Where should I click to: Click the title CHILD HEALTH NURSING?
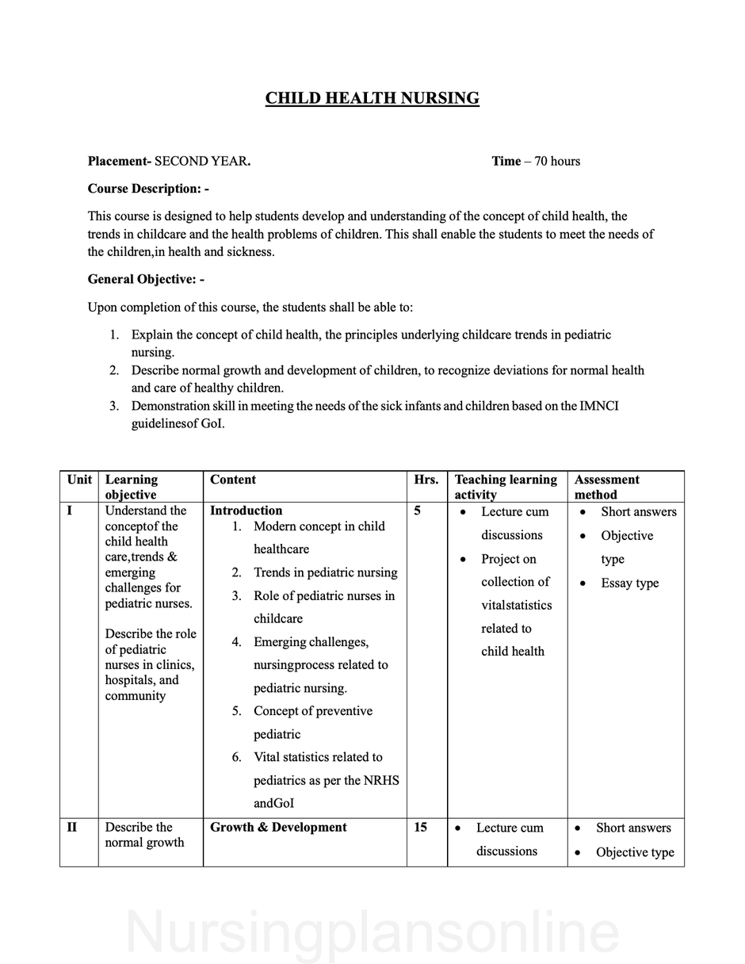(x=372, y=98)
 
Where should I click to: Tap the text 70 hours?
(x=557, y=161)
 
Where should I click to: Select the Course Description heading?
(x=148, y=189)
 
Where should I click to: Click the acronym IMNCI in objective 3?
(x=599, y=406)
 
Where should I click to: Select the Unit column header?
(x=79, y=480)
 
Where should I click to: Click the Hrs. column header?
(x=426, y=480)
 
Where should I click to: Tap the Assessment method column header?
(x=607, y=487)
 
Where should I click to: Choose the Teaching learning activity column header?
(x=506, y=487)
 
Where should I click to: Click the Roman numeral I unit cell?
(x=70, y=511)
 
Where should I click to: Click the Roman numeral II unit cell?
(x=72, y=827)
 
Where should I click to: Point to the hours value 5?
(x=418, y=511)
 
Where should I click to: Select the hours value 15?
(x=421, y=827)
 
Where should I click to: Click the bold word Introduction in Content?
(x=246, y=511)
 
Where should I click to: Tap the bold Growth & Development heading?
(x=278, y=827)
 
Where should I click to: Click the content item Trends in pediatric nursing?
(x=325, y=572)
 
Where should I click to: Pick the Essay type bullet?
(x=629, y=583)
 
